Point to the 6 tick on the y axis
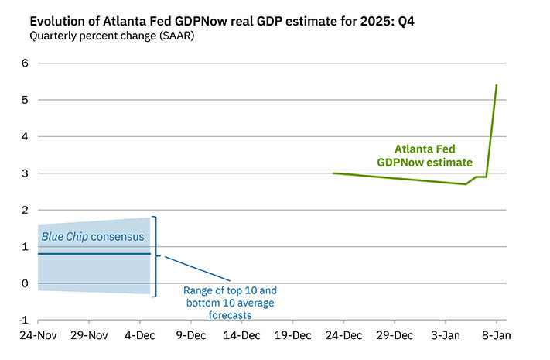click(24, 63)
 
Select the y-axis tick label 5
click(24, 100)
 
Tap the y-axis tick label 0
click(24, 283)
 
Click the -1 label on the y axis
click(22, 320)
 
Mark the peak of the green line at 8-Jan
click(496, 85)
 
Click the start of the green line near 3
click(333, 173)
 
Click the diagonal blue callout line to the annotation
click(198, 268)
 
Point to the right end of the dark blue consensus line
click(149, 254)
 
